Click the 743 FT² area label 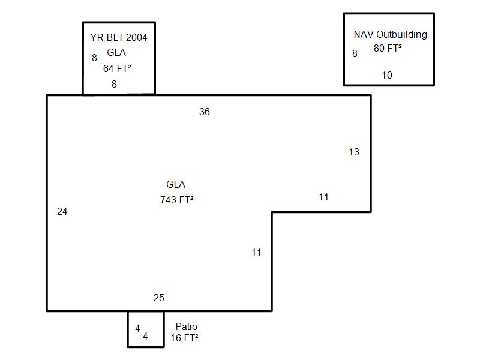(x=176, y=200)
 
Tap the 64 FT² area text (x=117, y=68)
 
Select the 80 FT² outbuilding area (x=388, y=49)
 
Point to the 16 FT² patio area (x=184, y=338)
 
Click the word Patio (x=186, y=326)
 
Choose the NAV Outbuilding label (x=390, y=34)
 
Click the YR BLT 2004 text (x=119, y=37)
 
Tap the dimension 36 (x=205, y=112)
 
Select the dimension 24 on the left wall (x=62, y=211)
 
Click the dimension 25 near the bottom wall (x=158, y=298)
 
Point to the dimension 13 (x=354, y=152)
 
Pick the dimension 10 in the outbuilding (x=387, y=75)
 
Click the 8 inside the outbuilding (x=355, y=53)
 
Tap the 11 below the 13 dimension (x=323, y=197)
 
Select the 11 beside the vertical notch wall (x=256, y=252)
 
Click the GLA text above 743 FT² (x=176, y=185)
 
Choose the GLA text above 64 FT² (x=116, y=53)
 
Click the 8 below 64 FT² (x=114, y=84)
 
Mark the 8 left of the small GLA (x=94, y=58)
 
